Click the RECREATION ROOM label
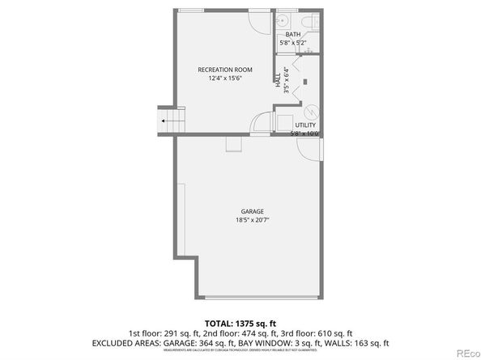tap(220, 70)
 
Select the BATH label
tap(292, 34)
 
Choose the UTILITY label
tap(304, 125)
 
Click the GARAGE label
tap(252, 211)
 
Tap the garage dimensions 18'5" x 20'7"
tap(252, 220)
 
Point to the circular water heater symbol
tap(311, 112)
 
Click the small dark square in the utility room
tap(306, 81)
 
